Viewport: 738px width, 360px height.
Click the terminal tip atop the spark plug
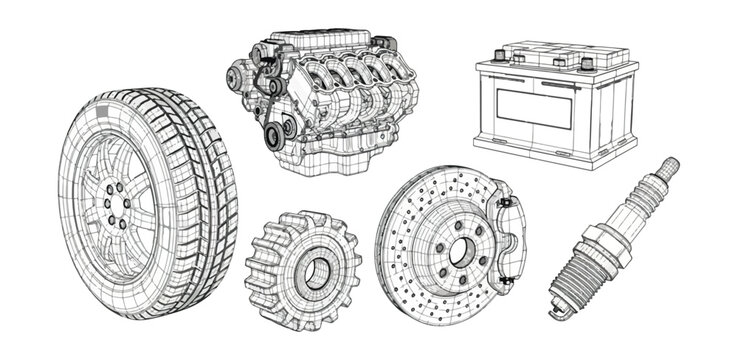670,164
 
